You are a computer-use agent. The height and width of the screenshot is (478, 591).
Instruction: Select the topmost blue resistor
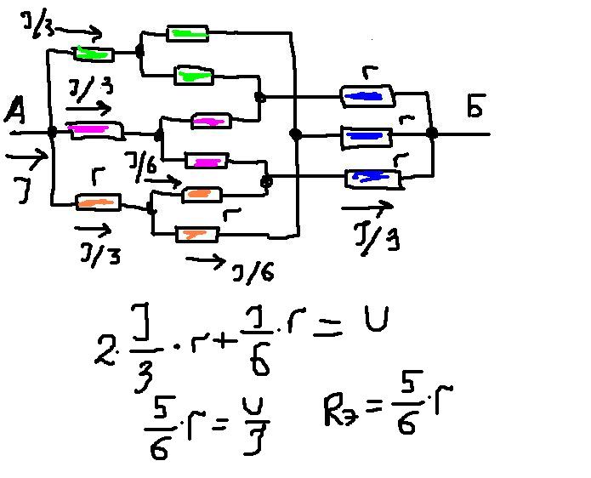tap(367, 96)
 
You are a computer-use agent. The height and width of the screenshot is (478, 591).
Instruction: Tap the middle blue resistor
tap(367, 135)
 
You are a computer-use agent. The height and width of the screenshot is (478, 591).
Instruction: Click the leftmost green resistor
tap(93, 54)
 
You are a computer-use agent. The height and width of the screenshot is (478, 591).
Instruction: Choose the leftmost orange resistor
tap(98, 202)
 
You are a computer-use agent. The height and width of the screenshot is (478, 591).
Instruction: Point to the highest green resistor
tap(188, 33)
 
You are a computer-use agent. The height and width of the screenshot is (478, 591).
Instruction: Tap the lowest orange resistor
tap(196, 233)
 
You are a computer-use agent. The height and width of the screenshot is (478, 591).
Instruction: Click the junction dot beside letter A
tap(52, 133)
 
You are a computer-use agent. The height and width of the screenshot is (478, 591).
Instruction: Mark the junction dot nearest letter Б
tap(432, 133)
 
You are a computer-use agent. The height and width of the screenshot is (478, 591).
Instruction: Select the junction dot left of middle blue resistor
tap(295, 134)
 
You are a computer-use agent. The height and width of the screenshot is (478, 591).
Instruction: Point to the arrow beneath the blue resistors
tap(367, 207)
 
